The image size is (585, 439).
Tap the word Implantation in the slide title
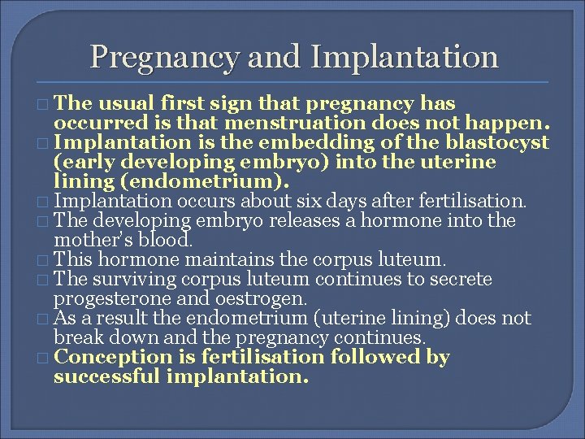pyautogui.click(x=405, y=57)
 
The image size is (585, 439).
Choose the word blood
pyautogui.click(x=167, y=239)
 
